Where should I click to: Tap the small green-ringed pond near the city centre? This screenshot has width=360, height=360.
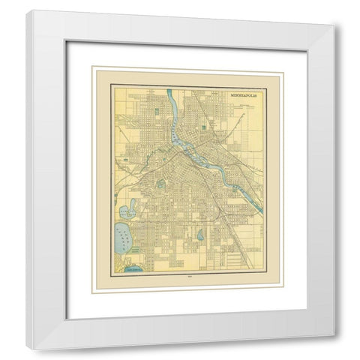(x=160, y=184)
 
